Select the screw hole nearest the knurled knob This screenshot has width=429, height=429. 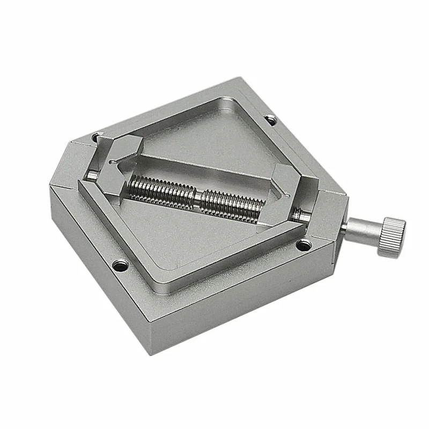[304, 246]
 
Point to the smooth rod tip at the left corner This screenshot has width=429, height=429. [93, 175]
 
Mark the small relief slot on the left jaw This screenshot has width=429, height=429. [113, 161]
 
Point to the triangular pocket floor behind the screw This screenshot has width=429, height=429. [214, 145]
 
